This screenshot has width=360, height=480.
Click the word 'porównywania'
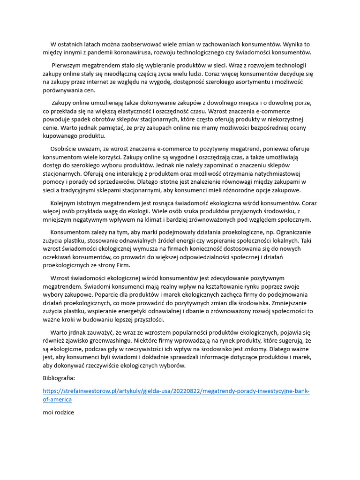click(63, 90)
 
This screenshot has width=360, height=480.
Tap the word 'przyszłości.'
click(146, 320)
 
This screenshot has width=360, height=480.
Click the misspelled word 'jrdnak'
click(79, 332)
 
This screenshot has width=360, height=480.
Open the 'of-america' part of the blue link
click(57, 399)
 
